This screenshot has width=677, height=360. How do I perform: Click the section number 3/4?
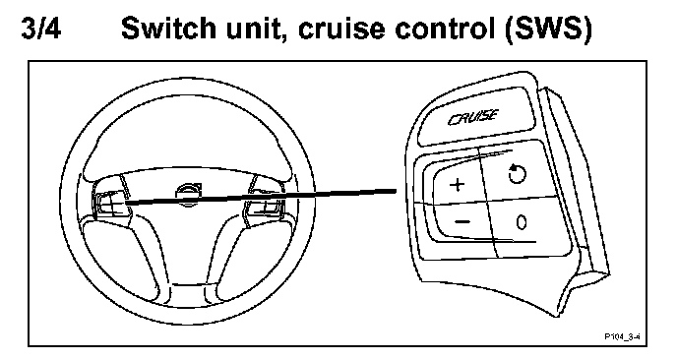41,29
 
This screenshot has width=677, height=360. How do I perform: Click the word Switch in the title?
169,29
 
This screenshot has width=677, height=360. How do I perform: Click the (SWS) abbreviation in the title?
548,30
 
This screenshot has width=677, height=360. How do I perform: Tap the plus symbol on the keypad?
458,185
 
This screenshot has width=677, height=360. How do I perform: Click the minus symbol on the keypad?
462,222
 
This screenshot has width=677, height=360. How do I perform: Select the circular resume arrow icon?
517,173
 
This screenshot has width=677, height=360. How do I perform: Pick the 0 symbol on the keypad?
522,222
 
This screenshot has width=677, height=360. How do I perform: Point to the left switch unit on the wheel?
111,202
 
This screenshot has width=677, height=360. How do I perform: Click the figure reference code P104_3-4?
622,336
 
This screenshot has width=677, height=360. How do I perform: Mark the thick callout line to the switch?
261,197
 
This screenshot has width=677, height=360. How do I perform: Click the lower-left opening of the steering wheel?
121,256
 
